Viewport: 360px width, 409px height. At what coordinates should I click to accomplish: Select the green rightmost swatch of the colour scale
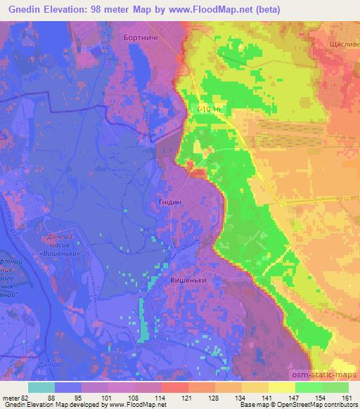335,387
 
